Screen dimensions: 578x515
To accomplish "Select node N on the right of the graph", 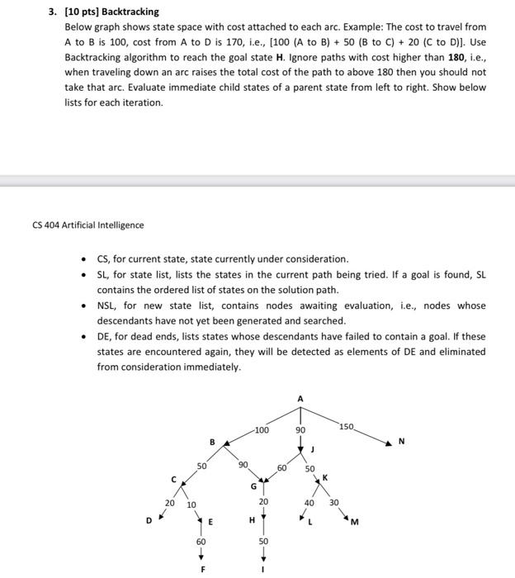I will tap(402, 441).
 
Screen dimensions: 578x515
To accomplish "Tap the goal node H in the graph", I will tap(251, 520).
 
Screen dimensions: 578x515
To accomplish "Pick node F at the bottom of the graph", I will tap(201, 570).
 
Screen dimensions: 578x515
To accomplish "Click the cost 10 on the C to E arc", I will tap(191, 504).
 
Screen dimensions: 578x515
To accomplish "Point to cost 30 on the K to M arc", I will tap(333, 502).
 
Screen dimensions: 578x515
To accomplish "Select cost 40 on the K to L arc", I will tap(309, 502).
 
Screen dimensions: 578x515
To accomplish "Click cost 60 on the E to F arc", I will tap(201, 542).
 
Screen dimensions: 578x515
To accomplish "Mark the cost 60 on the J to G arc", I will tap(281, 468).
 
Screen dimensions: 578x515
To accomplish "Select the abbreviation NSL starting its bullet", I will tap(106, 306).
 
